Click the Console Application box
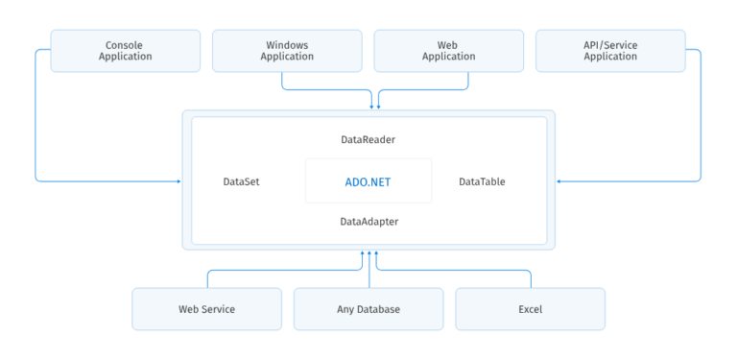[x=126, y=50]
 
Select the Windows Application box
[x=287, y=50]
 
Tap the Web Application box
[x=448, y=50]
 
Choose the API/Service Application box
[x=610, y=50]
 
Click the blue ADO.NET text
[x=368, y=181]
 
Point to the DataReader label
[x=368, y=140]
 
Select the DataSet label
[x=241, y=181]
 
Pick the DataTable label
[x=482, y=181]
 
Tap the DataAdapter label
[x=368, y=222]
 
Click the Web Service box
[x=206, y=309]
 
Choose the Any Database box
[x=368, y=309]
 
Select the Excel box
[x=530, y=309]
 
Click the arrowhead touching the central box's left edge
[x=178, y=180]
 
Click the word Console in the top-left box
[x=126, y=44]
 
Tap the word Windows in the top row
[x=287, y=44]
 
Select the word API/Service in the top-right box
[x=610, y=44]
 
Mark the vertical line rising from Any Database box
[x=368, y=271]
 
